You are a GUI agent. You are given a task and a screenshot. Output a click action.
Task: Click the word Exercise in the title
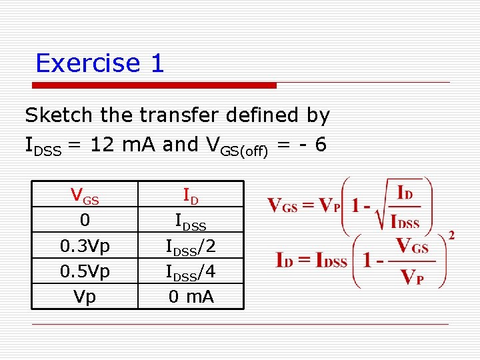coord(87,63)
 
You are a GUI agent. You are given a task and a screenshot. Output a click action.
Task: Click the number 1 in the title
coord(157,63)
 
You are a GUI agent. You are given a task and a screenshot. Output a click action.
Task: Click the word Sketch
coord(59,115)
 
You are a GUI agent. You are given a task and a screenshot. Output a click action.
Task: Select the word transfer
coord(172,115)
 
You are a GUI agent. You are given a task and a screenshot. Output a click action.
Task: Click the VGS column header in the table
coord(85,196)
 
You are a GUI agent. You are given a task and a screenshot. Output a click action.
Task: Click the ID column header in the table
coord(190,196)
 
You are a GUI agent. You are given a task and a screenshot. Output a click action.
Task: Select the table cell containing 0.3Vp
coord(85,246)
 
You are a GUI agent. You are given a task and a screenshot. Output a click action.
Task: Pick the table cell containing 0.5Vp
coord(85,271)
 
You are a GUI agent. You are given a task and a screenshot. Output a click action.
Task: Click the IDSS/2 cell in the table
coord(190,247)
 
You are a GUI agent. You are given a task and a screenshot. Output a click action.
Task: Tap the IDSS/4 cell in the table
coord(190,272)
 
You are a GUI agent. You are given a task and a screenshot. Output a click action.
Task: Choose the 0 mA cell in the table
coord(190,297)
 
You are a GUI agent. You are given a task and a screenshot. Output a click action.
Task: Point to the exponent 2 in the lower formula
coord(451,235)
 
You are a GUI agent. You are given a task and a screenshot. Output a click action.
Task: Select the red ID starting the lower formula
coord(286,260)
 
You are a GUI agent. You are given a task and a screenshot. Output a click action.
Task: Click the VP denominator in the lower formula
coord(411,276)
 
